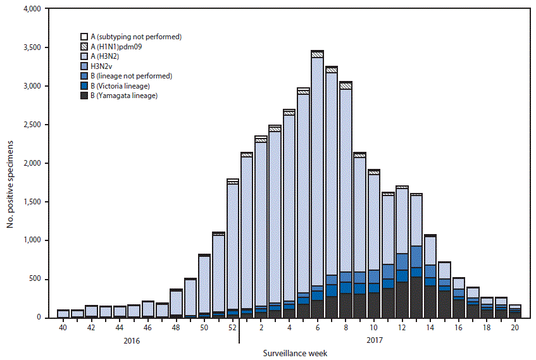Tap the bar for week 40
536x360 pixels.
pos(63,313)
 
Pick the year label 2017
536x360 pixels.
pos(373,341)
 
